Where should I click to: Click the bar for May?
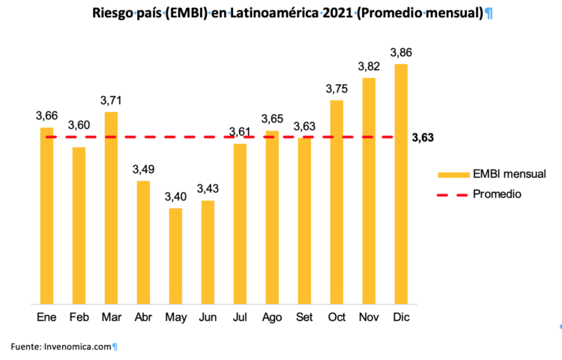click(175, 256)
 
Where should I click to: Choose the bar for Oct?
click(336, 202)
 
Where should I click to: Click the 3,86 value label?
click(401, 52)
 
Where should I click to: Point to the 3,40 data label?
click(175, 196)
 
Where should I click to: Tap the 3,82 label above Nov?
click(369, 66)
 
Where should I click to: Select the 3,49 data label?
click(143, 169)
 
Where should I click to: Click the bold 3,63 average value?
click(423, 137)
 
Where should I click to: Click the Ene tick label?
click(46, 317)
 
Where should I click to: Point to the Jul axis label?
click(240, 317)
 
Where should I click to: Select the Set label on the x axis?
click(304, 317)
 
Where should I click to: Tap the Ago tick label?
click(272, 317)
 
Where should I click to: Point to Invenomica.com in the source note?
click(78, 346)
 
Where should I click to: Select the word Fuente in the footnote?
click(25, 346)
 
